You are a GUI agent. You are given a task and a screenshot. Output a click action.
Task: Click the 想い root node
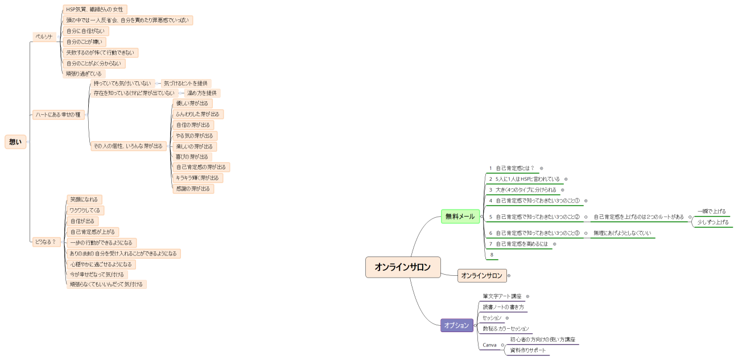[15, 142]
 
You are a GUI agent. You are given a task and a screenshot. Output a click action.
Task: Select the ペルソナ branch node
[44, 37]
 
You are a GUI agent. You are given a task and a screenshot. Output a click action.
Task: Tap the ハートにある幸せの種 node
[58, 115]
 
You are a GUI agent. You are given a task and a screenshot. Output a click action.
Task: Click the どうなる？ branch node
[46, 242]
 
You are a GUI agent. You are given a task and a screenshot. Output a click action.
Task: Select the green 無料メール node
[460, 217]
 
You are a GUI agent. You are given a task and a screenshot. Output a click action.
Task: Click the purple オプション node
[457, 325]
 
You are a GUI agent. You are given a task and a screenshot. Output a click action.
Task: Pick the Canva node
[489, 345]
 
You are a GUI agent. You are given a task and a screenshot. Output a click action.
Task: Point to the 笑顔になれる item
[84, 200]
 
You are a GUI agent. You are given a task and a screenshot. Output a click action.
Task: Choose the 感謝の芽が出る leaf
[193, 189]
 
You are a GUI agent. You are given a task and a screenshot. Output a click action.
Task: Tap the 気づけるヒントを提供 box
[185, 83]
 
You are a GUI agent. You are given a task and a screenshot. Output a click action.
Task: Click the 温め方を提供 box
[202, 93]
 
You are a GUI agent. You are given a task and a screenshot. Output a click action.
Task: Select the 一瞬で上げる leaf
[711, 212]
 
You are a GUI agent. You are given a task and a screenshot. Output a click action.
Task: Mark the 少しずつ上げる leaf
[713, 222]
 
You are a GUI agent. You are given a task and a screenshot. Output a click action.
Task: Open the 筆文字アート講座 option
[502, 296]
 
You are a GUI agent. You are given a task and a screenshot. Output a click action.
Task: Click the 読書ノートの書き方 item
[503, 307]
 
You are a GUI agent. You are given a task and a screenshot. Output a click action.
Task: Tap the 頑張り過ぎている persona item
[84, 74]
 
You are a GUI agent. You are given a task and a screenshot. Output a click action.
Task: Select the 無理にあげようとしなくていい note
[622, 233]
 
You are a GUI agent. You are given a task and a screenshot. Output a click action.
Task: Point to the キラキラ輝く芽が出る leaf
[197, 178]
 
